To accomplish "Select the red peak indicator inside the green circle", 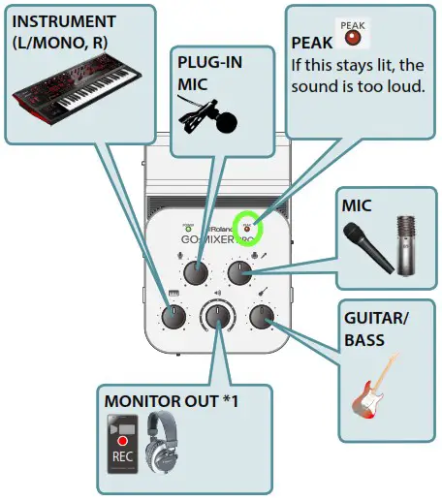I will (x=248, y=221).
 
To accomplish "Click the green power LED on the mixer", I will (x=187, y=222).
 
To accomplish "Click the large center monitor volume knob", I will (x=217, y=317).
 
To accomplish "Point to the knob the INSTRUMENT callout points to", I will (x=175, y=316).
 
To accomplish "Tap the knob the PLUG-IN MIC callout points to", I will (x=198, y=274).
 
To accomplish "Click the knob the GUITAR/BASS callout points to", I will (x=259, y=316).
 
